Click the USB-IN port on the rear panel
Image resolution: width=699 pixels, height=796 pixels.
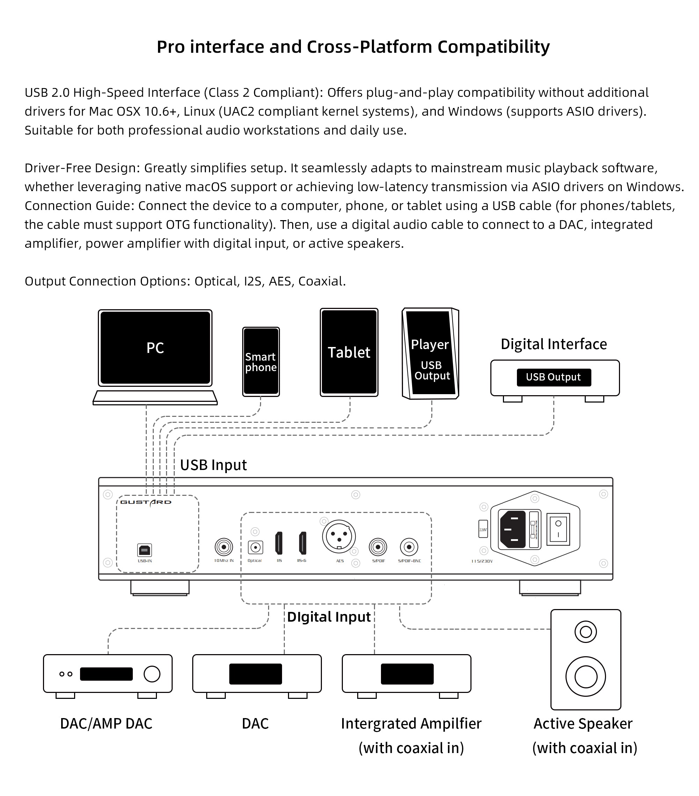pos(144,550)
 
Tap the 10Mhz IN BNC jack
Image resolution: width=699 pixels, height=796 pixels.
pos(224,547)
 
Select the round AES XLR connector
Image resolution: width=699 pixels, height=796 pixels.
pos(339,536)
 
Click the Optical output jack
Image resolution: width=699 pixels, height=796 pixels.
pos(255,548)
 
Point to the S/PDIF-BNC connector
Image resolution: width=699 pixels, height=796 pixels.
pos(409,547)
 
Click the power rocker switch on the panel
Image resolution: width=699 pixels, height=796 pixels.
pos(558,529)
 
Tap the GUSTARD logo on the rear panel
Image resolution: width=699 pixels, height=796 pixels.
pos(146,502)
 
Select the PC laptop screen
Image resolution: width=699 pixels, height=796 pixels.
pos(155,348)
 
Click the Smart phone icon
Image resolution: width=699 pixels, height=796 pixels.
pos(261,362)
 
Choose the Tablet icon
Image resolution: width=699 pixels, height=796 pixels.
pos(349,353)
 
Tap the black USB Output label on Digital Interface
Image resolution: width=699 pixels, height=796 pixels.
pos(553,377)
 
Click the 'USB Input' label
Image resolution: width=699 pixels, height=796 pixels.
pos(214,465)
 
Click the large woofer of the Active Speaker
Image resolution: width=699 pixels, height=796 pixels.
pos(585,676)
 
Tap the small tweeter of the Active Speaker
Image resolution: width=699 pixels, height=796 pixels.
pos(585,632)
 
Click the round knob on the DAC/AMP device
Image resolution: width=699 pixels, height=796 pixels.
pos(152,674)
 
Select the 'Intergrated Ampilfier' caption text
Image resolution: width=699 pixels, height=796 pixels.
pos(411,724)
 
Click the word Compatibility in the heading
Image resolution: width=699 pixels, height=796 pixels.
pos(493,47)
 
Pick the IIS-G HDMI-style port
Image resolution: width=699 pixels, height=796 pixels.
pos(303,543)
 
